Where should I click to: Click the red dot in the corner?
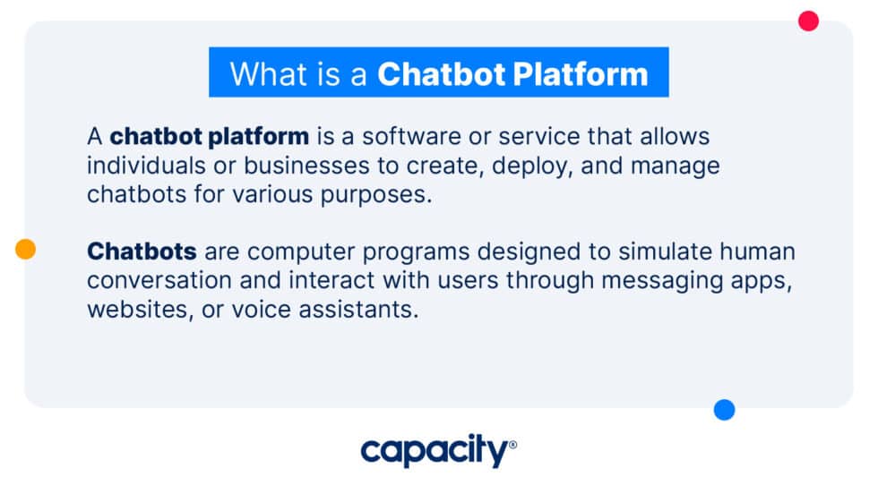pos(808,21)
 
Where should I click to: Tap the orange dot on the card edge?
pos(26,250)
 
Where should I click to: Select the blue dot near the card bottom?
pos(724,410)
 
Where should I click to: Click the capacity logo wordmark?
pos(434,452)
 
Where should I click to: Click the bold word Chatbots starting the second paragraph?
pos(142,251)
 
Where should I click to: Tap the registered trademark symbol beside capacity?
pos(512,444)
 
